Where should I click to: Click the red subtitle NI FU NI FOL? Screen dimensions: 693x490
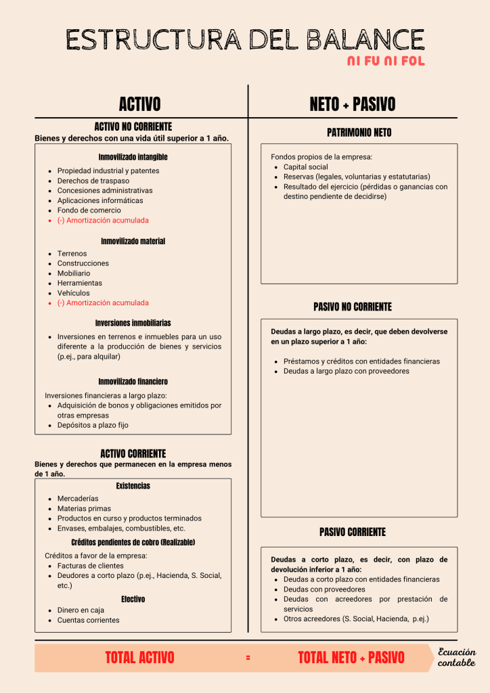[x=386, y=62]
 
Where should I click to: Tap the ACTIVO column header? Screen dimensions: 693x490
[x=139, y=104]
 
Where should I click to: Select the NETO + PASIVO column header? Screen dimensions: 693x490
[x=352, y=104]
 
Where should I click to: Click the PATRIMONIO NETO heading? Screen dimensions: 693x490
[x=359, y=133]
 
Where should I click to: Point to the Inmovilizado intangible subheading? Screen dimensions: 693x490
[x=133, y=157]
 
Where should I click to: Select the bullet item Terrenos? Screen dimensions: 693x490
[x=72, y=254]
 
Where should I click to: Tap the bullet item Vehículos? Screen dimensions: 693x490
[x=74, y=293]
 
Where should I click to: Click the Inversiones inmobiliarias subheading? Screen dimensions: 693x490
[x=133, y=323]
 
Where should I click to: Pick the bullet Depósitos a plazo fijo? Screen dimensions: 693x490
[x=93, y=425]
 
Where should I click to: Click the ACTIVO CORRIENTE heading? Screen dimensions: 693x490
[x=133, y=453]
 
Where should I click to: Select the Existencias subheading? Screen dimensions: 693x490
[x=133, y=486]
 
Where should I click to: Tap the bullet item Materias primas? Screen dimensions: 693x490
[x=84, y=508]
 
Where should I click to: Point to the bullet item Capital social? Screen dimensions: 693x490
[x=305, y=166]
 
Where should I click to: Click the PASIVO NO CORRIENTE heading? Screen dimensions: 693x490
[x=352, y=307]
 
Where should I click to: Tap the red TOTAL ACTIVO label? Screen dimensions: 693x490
[x=139, y=657]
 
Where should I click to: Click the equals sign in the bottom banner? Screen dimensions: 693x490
[x=248, y=658]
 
